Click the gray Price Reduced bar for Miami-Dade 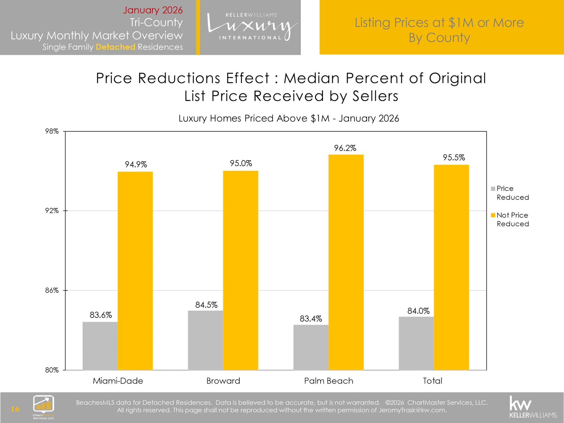[100, 346]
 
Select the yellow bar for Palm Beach [346, 262]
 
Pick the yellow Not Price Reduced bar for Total [451, 267]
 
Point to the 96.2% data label [345, 148]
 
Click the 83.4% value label [310, 319]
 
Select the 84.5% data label [206, 305]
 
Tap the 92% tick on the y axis [52, 211]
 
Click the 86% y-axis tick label [52, 290]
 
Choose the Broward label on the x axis [223, 381]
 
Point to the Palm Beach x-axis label [328, 381]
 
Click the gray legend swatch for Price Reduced [493, 189]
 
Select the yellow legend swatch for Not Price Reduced [493, 215]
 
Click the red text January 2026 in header [153, 10]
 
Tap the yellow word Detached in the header [115, 47]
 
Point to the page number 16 [15, 409]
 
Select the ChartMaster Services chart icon [43, 404]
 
